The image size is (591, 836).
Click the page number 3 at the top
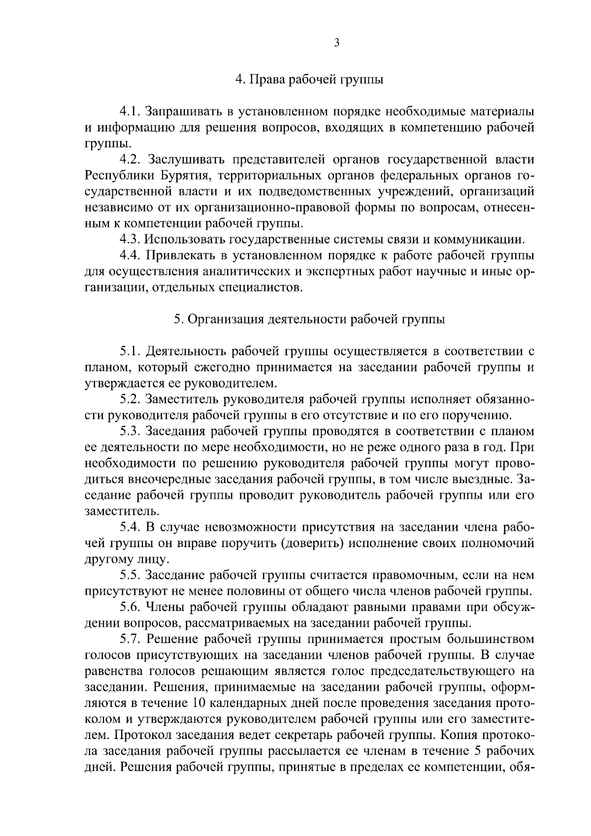[x=336, y=43]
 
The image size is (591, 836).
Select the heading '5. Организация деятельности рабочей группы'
[x=309, y=320]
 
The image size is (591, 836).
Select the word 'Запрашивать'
[x=185, y=112]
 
